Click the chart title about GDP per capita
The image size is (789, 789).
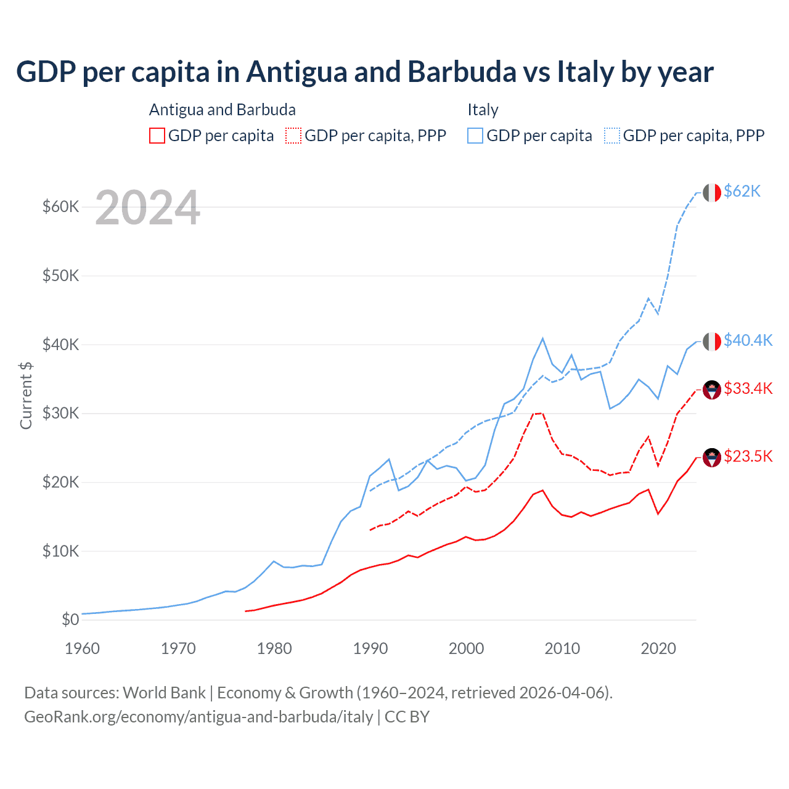(364, 72)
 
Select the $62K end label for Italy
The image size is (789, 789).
(742, 192)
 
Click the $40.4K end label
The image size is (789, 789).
(748, 340)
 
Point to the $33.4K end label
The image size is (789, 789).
(748, 388)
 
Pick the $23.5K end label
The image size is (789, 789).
(748, 456)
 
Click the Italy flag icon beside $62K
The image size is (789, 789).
(712, 192)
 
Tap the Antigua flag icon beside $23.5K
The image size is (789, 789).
(712, 457)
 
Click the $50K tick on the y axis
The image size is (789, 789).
(61, 276)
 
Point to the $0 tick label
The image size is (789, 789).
(70, 619)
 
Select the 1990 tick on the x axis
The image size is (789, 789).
(370, 648)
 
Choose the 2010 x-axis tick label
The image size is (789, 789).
(562, 648)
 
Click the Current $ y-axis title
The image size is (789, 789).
(26, 395)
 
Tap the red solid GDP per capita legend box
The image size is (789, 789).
(157, 136)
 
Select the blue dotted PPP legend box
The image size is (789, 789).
(612, 136)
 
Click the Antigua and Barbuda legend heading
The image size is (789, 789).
(222, 110)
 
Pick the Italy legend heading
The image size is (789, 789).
(483, 110)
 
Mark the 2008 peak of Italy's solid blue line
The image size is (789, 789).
(542, 338)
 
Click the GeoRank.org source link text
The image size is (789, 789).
(198, 717)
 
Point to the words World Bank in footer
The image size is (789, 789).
(164, 693)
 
